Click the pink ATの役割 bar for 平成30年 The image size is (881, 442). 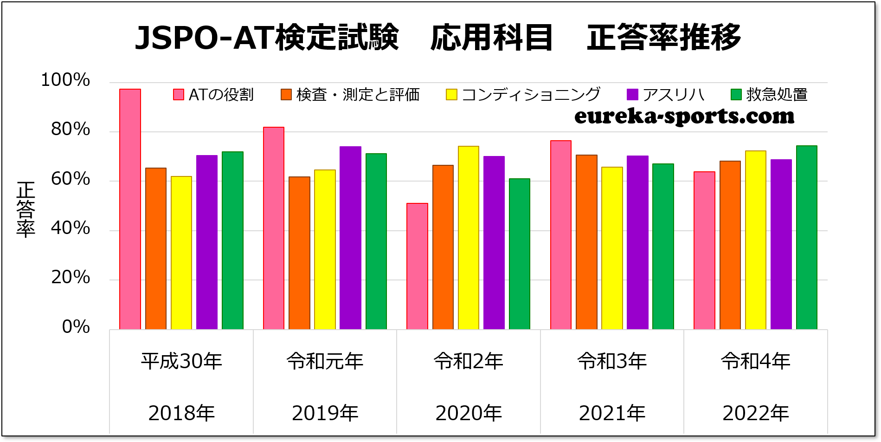click(130, 209)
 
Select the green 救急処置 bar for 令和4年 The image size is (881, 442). click(806, 237)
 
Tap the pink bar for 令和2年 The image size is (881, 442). click(417, 266)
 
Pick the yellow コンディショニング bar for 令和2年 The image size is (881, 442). click(468, 237)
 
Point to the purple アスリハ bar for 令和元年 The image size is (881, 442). click(350, 238)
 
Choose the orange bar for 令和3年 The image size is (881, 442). click(586, 242)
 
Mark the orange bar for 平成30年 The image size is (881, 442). click(156, 248)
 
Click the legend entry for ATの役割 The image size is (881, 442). click(214, 95)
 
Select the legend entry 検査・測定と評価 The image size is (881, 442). click(350, 95)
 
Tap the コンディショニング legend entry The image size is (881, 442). click(523, 95)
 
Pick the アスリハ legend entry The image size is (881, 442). click(666, 95)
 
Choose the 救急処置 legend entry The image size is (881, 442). click(769, 95)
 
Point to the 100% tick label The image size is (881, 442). click(65, 80)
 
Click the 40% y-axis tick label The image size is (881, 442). click(71, 228)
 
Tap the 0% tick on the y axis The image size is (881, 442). click(76, 327)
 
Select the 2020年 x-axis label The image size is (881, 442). click(469, 413)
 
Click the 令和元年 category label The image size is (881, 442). click(325, 361)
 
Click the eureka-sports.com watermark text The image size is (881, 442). click(684, 116)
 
